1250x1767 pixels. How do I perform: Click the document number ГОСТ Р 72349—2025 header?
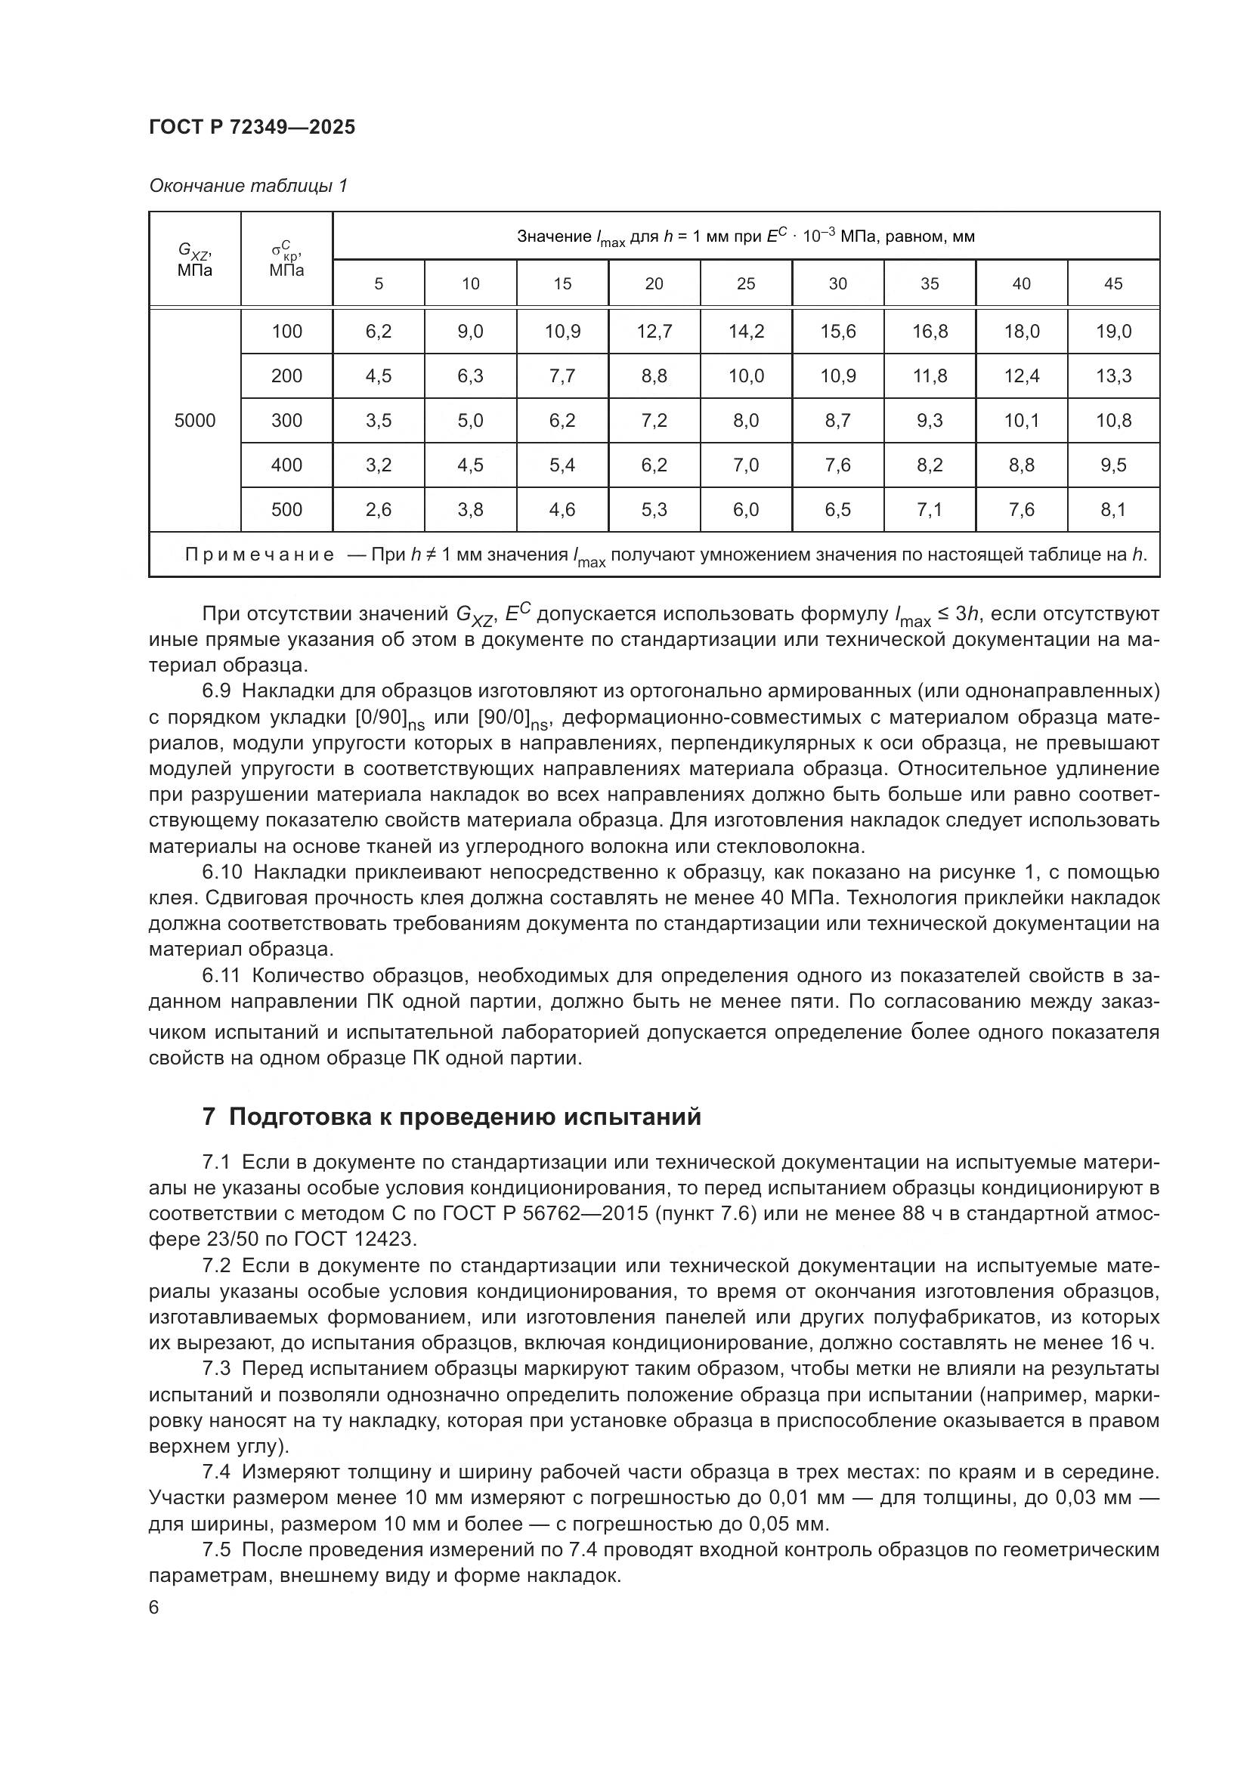[x=252, y=128]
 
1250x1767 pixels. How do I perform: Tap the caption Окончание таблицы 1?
[x=248, y=187]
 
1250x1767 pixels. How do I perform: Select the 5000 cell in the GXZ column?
[x=195, y=420]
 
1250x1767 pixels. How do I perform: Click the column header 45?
[x=1113, y=283]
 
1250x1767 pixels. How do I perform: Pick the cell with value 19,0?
[x=1113, y=332]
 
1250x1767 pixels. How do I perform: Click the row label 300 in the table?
[x=286, y=420]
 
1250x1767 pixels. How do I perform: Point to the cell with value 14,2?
[x=746, y=332]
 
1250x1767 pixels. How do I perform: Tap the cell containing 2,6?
[x=378, y=509]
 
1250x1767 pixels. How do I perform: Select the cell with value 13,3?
[x=1113, y=376]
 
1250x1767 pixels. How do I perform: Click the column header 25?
[x=746, y=283]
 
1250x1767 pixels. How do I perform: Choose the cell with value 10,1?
[x=1022, y=420]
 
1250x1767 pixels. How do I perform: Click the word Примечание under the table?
[x=259, y=555]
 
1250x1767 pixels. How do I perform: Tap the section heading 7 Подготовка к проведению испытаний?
[x=452, y=1116]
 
